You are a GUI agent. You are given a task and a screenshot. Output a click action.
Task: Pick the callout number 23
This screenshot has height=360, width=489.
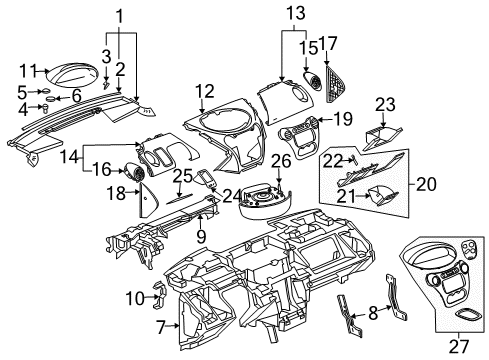385,103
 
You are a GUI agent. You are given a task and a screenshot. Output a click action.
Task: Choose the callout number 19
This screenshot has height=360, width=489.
342,119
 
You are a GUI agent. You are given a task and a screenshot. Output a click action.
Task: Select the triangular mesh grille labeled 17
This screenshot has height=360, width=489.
328,73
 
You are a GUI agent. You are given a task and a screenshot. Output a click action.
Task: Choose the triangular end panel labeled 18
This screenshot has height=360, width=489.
145,203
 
